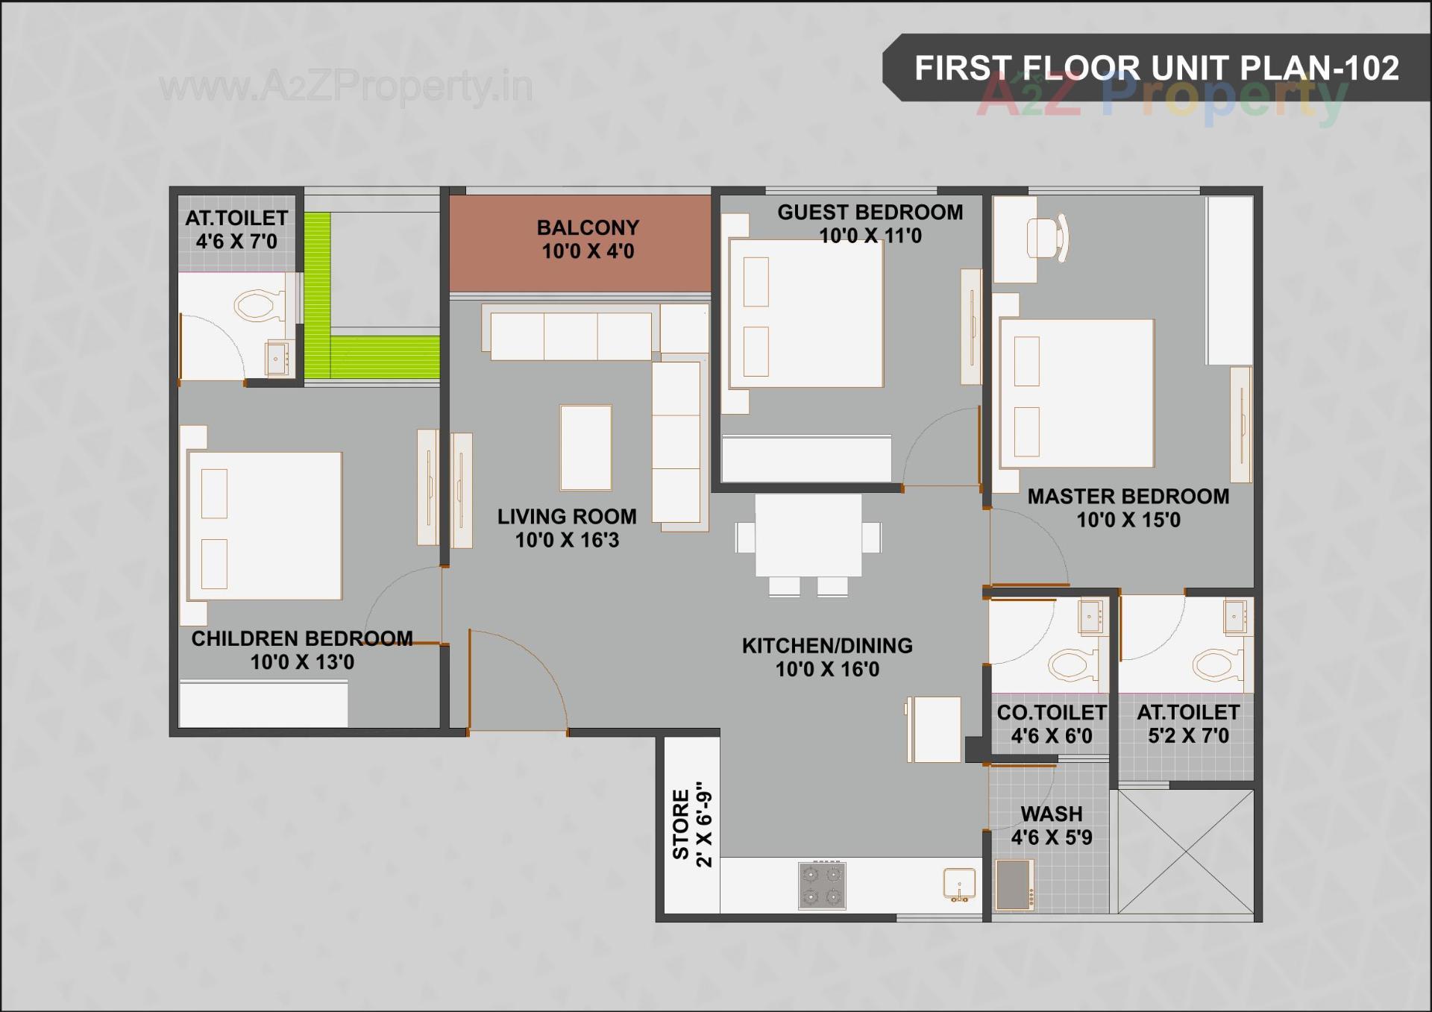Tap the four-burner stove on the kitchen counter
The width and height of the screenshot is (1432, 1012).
point(822,885)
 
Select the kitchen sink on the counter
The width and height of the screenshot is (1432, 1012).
point(958,884)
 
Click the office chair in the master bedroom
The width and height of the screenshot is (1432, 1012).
point(1047,239)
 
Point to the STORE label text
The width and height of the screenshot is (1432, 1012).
point(681,824)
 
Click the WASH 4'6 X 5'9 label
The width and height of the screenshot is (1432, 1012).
point(1051,826)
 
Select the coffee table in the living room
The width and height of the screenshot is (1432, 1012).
point(585,447)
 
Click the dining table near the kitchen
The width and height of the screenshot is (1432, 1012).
point(808,535)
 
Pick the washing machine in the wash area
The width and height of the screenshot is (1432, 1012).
point(1014,885)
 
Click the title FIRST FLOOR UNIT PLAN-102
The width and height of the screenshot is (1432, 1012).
point(1156,68)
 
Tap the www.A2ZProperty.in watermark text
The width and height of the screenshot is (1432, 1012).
point(346,87)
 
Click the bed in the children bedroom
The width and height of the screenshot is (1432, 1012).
point(265,526)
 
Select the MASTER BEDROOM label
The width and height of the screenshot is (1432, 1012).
point(1128,497)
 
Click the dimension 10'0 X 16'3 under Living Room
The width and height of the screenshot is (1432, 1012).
point(567,540)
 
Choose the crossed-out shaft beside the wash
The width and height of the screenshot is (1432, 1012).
point(1185,851)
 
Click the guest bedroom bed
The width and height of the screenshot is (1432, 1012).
point(805,313)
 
